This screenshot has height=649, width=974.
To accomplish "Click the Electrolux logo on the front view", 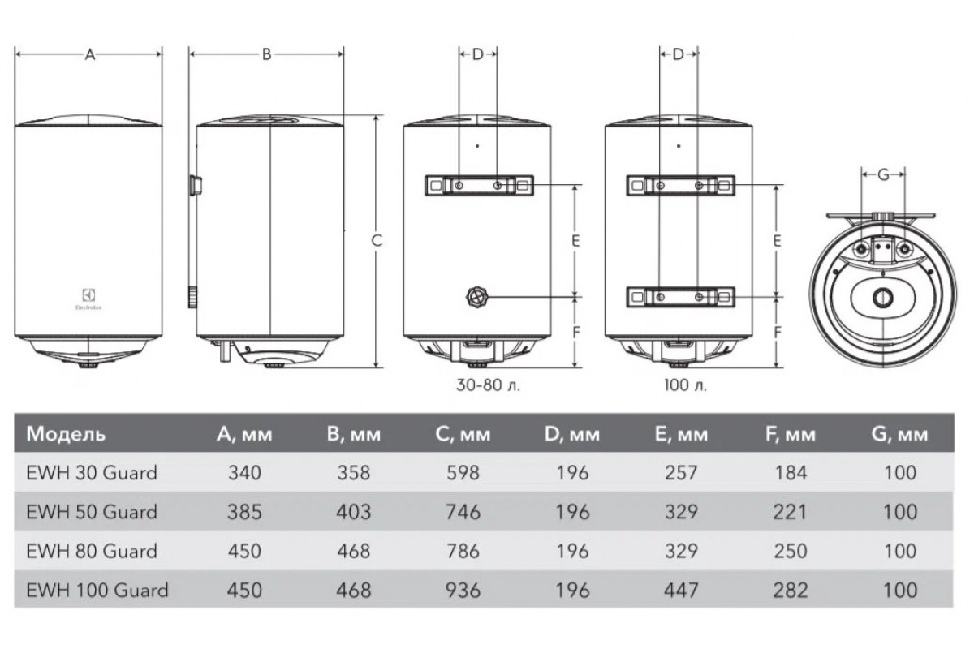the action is point(88,299).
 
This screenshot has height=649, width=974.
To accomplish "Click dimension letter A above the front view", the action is point(89,55).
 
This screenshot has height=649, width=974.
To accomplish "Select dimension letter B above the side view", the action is point(266,55).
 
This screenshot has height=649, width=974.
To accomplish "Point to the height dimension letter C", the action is point(377,240).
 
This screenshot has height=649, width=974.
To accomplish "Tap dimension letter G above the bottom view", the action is point(883,174).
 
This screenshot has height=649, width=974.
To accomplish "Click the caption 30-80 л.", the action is point(488,385).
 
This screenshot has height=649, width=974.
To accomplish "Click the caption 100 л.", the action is point(685,385).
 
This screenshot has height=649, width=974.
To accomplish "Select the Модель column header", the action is point(66,434).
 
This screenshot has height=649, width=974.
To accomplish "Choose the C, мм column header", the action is point(463,434).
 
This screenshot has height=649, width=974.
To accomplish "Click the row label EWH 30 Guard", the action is point(92,473).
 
